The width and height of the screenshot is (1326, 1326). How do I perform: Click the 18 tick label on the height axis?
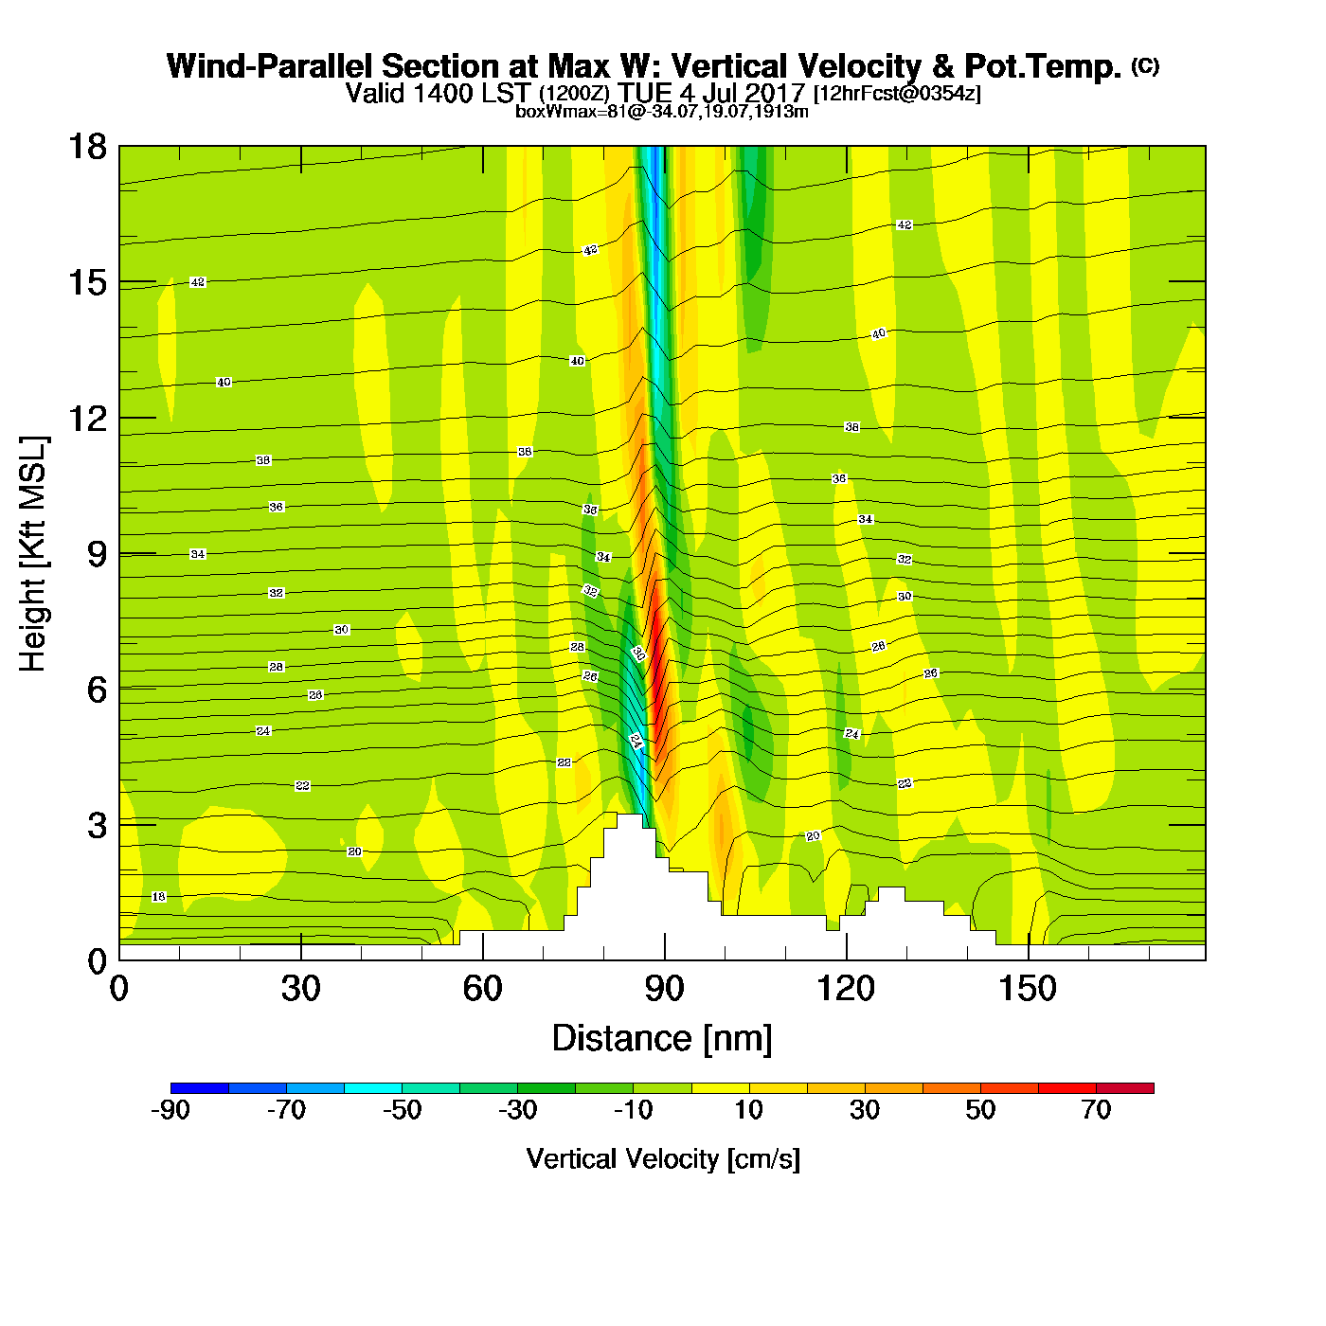(86, 148)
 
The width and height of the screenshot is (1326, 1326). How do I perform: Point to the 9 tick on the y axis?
(97, 554)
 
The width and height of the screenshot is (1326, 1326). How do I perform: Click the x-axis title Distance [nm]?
(662, 1039)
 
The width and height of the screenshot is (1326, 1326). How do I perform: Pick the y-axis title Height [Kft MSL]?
(33, 554)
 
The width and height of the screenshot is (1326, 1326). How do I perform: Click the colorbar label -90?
(170, 1110)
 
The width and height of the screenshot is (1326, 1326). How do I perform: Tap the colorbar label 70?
(1096, 1110)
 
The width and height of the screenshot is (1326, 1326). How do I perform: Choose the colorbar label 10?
(748, 1110)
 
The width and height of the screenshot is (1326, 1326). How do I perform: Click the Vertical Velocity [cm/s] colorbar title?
(663, 1159)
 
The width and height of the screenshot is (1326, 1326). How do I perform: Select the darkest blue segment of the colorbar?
(200, 1087)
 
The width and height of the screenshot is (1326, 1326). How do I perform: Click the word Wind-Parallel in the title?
(271, 67)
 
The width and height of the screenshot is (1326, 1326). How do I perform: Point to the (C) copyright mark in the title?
(1145, 65)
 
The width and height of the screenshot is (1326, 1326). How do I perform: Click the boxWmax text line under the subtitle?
(662, 112)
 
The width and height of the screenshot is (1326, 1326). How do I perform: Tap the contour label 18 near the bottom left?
(158, 897)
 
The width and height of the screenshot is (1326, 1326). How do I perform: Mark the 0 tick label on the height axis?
(97, 961)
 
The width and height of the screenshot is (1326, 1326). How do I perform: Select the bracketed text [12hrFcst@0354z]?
(897, 94)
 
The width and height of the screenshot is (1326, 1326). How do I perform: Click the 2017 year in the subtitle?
(776, 94)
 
